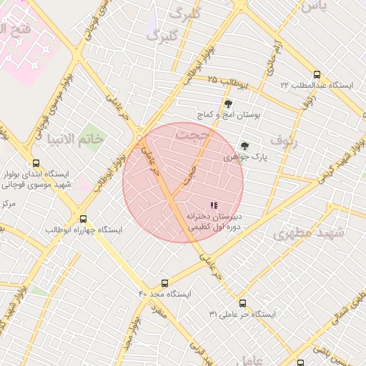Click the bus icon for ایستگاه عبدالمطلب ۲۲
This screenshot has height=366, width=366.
pyautogui.click(x=317, y=74)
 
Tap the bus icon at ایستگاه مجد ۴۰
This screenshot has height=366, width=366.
pyautogui.click(x=165, y=283)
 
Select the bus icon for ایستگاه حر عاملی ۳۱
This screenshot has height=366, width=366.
pyautogui.click(x=242, y=303)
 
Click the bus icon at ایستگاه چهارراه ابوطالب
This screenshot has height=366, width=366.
pyautogui.click(x=84, y=219)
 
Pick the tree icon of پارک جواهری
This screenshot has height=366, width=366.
pyautogui.click(x=245, y=146)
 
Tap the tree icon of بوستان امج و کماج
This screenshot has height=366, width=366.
pyautogui.click(x=228, y=104)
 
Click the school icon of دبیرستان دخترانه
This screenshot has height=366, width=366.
pyautogui.click(x=214, y=205)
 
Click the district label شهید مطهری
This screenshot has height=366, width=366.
pyautogui.click(x=309, y=233)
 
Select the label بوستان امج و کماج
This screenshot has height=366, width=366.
pyautogui.click(x=229, y=114)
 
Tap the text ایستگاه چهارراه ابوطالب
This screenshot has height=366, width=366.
pyautogui.click(x=84, y=230)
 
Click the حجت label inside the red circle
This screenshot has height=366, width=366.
pyautogui.click(x=192, y=134)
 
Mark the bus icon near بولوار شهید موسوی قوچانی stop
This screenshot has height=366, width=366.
pyautogui.click(x=36, y=163)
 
